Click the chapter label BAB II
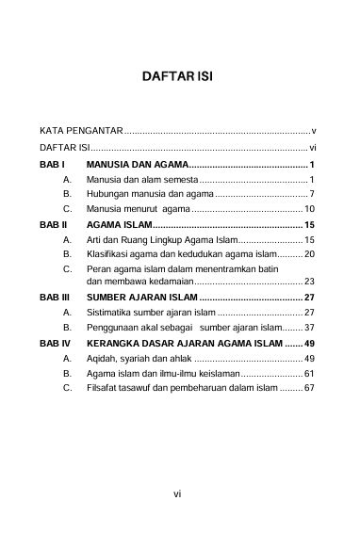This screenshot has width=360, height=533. [53, 226]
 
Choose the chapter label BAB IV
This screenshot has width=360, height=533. [55, 344]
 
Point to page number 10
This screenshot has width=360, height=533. [309, 207]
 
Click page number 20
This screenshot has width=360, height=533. [309, 254]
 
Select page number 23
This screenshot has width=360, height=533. [309, 281]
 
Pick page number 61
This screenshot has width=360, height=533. [309, 374]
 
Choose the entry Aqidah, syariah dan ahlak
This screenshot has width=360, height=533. [139, 359]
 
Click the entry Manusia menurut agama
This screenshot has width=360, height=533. [138, 207]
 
